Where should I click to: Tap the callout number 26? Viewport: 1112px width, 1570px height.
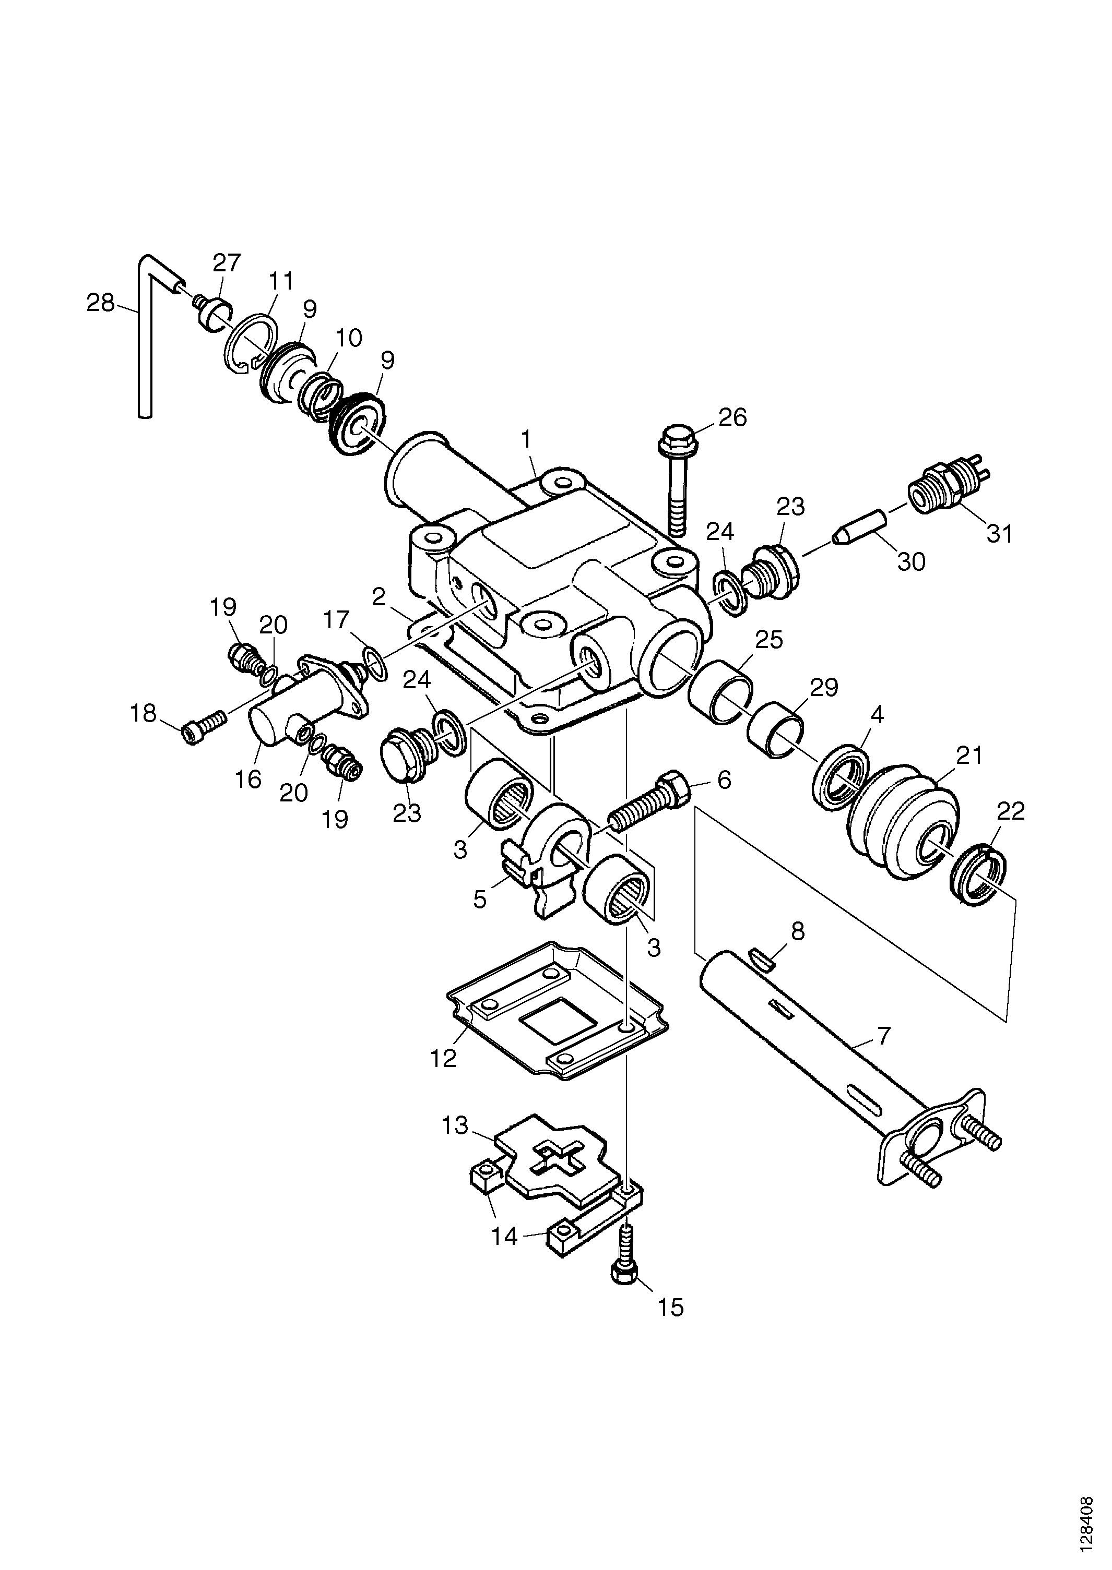click(732, 417)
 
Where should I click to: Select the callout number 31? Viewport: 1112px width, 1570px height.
click(999, 533)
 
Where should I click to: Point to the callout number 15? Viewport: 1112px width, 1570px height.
click(670, 1307)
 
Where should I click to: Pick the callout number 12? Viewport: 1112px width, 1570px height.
click(443, 1058)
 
